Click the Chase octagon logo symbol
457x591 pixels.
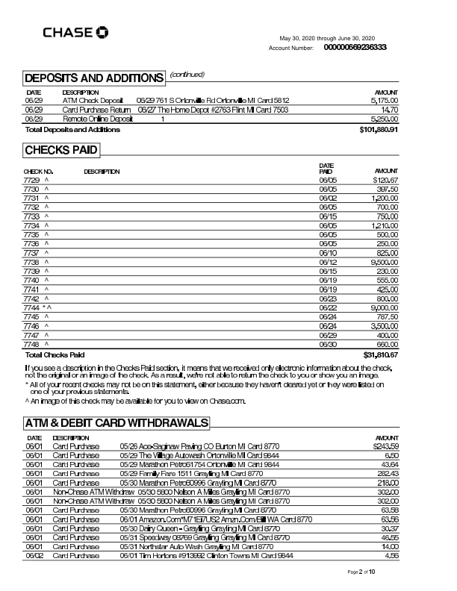coord(102,32)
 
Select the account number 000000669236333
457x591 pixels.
coord(355,47)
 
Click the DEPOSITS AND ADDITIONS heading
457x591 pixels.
coord(93,78)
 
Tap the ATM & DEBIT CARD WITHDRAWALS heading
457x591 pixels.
coord(116,423)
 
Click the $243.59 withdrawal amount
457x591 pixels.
coord(385,446)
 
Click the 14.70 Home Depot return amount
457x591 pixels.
coord(390,109)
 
